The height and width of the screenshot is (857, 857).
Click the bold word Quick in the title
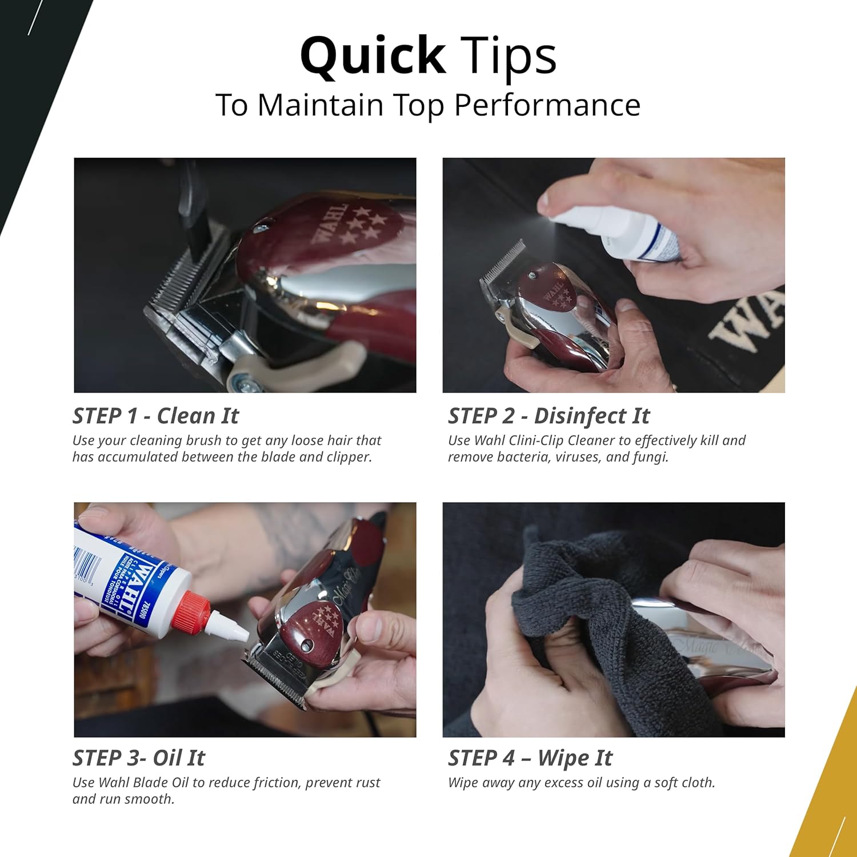(x=373, y=56)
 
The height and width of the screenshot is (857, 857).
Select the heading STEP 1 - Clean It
(x=155, y=416)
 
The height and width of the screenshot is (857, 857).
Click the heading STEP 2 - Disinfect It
(x=548, y=416)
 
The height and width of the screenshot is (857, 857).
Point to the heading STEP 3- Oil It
(x=138, y=758)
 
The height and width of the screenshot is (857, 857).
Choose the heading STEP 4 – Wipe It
(x=530, y=758)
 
